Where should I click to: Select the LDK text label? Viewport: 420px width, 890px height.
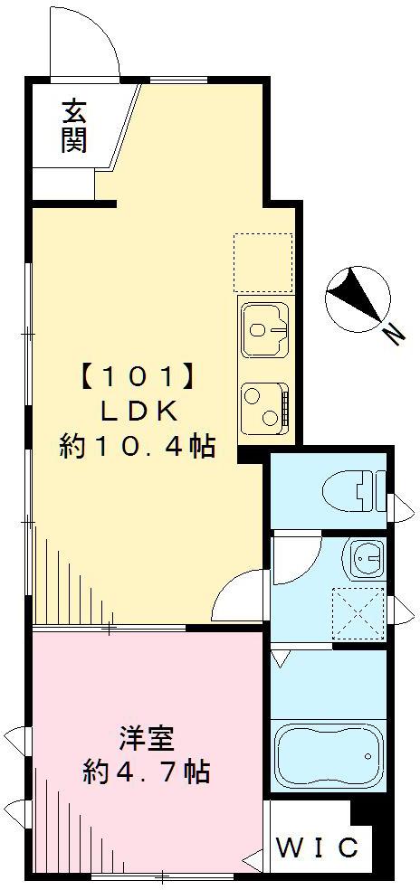[x=137, y=411]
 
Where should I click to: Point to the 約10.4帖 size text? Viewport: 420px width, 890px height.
[x=137, y=446]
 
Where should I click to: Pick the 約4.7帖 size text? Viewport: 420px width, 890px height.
[x=146, y=772]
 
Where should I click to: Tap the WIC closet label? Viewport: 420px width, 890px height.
[x=317, y=848]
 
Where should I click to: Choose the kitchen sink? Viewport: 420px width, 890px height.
[x=263, y=329]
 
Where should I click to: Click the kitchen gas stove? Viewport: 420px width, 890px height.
[x=264, y=403]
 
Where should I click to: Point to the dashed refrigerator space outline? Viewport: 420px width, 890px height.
[x=263, y=262]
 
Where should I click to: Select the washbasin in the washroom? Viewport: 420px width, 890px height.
[x=367, y=557]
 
